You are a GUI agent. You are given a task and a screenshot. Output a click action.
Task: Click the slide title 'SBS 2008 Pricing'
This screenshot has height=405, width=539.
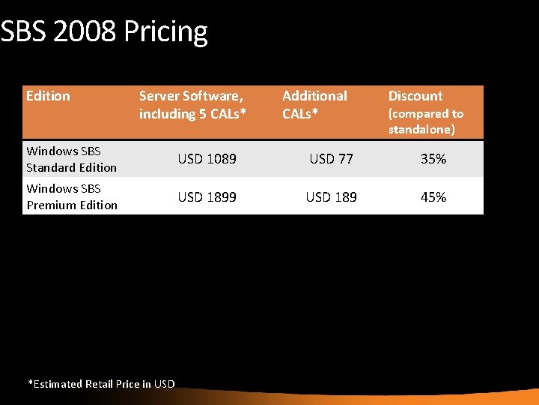click(x=104, y=32)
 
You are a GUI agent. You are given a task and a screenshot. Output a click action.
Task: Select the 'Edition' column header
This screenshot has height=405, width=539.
click(x=48, y=96)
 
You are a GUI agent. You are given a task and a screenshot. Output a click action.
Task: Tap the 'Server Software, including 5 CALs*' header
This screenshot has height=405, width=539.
click(x=192, y=105)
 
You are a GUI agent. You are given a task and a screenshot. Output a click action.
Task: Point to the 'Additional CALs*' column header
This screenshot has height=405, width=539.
click(x=314, y=105)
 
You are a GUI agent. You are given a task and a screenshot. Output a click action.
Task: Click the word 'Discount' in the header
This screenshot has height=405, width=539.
click(x=415, y=96)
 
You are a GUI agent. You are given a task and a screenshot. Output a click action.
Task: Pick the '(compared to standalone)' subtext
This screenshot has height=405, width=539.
click(x=425, y=121)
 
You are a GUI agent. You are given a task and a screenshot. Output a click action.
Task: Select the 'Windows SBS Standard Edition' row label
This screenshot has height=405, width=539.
click(x=71, y=159)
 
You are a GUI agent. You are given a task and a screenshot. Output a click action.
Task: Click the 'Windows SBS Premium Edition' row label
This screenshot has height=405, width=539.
click(x=72, y=196)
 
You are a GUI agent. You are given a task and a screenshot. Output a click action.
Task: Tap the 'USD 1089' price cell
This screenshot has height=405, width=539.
click(x=207, y=159)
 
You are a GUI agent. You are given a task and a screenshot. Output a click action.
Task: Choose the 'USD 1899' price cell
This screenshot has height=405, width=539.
click(x=207, y=197)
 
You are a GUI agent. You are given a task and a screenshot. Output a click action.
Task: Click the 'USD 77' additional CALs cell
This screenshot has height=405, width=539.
click(x=331, y=159)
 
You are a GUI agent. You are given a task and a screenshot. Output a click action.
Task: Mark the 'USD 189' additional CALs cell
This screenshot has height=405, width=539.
click(x=331, y=197)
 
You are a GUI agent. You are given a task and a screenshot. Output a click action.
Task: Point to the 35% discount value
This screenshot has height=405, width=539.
click(x=433, y=159)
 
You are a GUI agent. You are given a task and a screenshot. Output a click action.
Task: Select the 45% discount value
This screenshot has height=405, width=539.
click(x=433, y=197)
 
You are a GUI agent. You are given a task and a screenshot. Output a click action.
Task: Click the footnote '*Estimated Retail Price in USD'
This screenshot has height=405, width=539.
click(x=101, y=384)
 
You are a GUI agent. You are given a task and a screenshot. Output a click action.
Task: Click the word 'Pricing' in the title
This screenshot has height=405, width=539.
click(x=165, y=32)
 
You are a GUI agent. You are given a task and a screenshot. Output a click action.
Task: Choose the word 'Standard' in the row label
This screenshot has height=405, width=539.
click(x=50, y=167)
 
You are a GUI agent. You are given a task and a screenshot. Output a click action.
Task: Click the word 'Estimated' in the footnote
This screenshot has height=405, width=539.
click(x=57, y=384)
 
